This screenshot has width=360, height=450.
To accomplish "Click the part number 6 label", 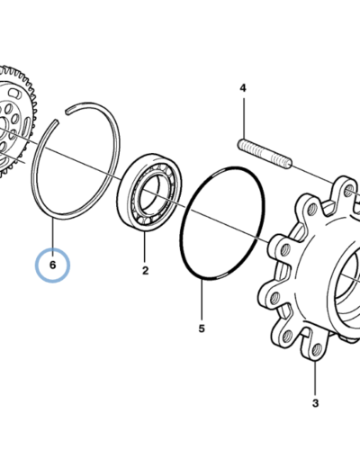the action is pyautogui.click(x=52, y=265).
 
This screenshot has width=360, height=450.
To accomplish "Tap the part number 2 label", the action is pyautogui.click(x=145, y=271).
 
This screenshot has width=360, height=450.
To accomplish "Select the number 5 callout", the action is pyautogui.click(x=202, y=328).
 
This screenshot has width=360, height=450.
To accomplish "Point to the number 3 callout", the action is pyautogui.click(x=315, y=403).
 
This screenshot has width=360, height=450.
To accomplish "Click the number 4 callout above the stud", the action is pyautogui.click(x=243, y=88).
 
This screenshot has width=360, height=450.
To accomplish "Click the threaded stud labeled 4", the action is pyautogui.click(x=265, y=153).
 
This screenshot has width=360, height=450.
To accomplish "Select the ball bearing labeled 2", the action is pyautogui.click(x=149, y=193).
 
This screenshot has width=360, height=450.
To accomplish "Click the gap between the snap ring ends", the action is pyautogui.click(x=61, y=116).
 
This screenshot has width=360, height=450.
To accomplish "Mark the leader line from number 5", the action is pyautogui.click(x=202, y=300).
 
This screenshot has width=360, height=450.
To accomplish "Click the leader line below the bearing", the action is pyautogui.click(x=144, y=247).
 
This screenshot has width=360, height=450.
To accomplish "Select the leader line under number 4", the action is pyautogui.click(x=243, y=118).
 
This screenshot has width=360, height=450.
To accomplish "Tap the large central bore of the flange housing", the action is pyautogui.click(x=348, y=288).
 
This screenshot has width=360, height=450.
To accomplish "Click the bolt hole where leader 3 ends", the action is pyautogui.click(x=316, y=350).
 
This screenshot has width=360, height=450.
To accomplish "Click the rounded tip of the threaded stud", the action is pyautogui.click(x=288, y=164).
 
